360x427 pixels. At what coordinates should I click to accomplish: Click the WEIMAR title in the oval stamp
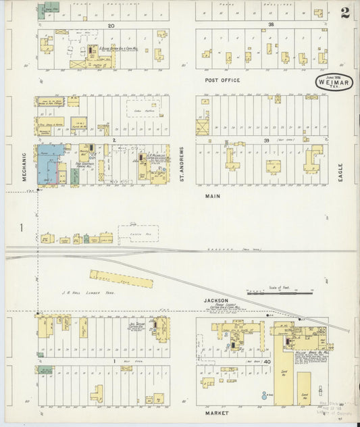pyautogui.click(x=332, y=84)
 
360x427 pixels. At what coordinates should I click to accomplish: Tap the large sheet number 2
pyautogui.click(x=344, y=13)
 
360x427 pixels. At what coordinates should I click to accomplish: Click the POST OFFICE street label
pyautogui.click(x=222, y=80)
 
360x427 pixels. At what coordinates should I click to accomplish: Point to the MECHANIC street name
pyautogui.click(x=24, y=166)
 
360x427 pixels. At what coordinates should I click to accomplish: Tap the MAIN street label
pyautogui.click(x=213, y=196)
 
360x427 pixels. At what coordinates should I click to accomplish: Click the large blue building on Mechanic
pyautogui.click(x=49, y=163)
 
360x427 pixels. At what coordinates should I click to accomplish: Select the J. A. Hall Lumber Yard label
pyautogui.click(x=80, y=292)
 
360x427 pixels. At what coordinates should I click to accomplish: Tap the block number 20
pyautogui.click(x=111, y=25)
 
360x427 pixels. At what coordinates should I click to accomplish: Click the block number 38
pyautogui.click(x=271, y=25)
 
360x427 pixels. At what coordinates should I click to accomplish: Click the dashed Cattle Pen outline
pyautogui.click(x=139, y=234)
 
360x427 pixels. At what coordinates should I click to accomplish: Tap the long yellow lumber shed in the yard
pyautogui.click(x=122, y=278)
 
